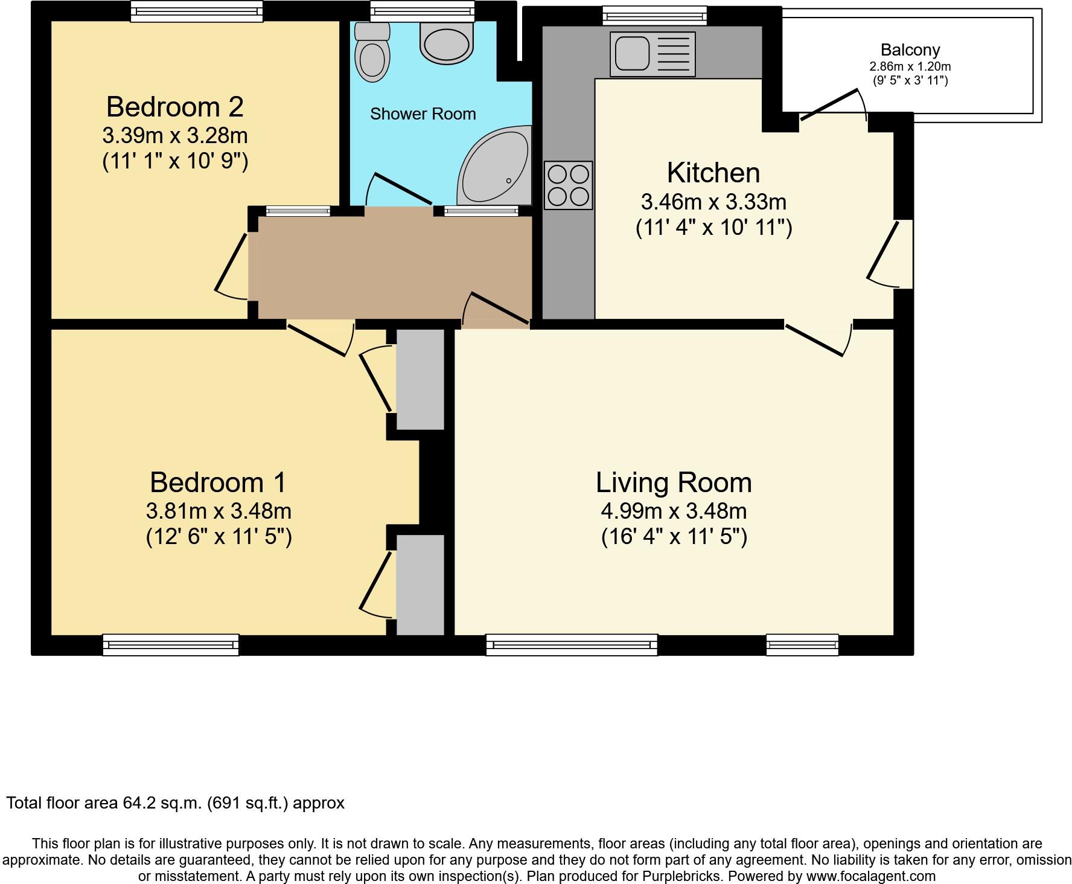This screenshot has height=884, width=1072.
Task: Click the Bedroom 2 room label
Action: click(175, 107)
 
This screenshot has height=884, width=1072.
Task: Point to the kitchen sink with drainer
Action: click(652, 54)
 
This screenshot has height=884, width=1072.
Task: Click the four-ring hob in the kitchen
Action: click(568, 185)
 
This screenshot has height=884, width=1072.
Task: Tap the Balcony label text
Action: click(910, 50)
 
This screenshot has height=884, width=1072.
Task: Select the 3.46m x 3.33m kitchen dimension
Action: click(713, 201)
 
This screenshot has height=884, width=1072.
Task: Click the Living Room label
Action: click(674, 482)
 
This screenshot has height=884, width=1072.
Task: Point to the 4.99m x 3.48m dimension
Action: click(674, 511)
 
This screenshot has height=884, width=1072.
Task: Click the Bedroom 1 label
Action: click(218, 482)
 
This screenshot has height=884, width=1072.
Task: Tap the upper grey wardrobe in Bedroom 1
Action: click(420, 379)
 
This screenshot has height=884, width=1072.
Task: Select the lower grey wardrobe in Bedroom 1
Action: click(420, 585)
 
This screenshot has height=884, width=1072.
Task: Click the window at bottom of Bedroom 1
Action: click(171, 645)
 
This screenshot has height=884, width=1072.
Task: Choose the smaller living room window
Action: click(802, 645)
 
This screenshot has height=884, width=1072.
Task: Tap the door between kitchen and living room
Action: click(815, 340)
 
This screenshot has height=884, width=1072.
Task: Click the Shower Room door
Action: click(401, 189)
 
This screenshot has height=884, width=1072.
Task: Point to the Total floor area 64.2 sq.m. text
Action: click(175, 803)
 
